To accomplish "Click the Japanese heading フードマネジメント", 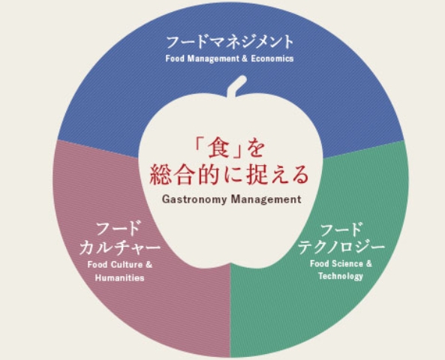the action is point(230,42).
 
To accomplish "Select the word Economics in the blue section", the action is point(272,58).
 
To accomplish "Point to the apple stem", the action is point(236,86).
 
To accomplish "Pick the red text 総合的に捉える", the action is point(229,175).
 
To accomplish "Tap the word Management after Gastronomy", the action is point(266,199).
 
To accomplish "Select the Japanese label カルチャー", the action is point(120,247).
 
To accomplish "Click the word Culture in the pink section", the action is point(127,265).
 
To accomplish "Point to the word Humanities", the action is point(120,277).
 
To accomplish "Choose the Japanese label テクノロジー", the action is point(341,247).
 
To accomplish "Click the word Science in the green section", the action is point(348,264).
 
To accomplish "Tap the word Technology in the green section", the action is point(341,276).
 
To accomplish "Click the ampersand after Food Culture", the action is point(149,265).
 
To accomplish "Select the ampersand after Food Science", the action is point(369,264).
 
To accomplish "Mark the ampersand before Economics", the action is point(245,58).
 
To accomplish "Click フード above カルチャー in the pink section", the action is point(119,229).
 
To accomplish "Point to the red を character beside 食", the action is point(256,148).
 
